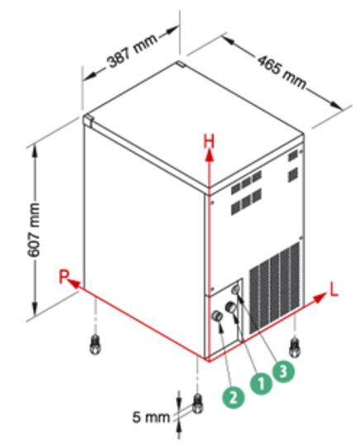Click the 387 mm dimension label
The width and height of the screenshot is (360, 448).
pyautogui.click(x=133, y=50)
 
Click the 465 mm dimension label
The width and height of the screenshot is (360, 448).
pyautogui.click(x=282, y=71)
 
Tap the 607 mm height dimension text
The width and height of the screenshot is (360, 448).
pyautogui.click(x=34, y=230)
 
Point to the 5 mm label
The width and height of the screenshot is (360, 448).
pyautogui.click(x=150, y=417)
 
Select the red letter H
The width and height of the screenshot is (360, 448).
pyautogui.click(x=209, y=141)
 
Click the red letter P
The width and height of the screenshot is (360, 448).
pyautogui.click(x=64, y=277)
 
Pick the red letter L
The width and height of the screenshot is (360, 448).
pyautogui.click(x=334, y=289)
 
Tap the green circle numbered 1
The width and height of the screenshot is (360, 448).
pyautogui.click(x=261, y=384)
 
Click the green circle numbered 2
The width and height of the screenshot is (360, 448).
pyautogui.click(x=234, y=397)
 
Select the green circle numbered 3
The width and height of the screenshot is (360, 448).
pyautogui.click(x=283, y=372)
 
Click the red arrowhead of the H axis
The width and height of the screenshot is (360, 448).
pyautogui.click(x=210, y=156)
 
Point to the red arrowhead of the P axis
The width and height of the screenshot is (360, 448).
pyautogui.click(x=74, y=284)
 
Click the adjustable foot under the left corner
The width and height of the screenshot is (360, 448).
pyautogui.click(x=95, y=346)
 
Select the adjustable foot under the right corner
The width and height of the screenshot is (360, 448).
pyautogui.click(x=295, y=347)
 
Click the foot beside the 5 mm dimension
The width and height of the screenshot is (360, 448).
pyautogui.click(x=197, y=403)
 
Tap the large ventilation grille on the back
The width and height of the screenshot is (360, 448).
pyautogui.click(x=275, y=288)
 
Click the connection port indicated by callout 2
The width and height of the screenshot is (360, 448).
pyautogui.click(x=217, y=316)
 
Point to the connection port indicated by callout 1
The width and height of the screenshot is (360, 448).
pyautogui.click(x=230, y=307)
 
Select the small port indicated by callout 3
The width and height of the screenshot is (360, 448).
pyautogui.click(x=236, y=290)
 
